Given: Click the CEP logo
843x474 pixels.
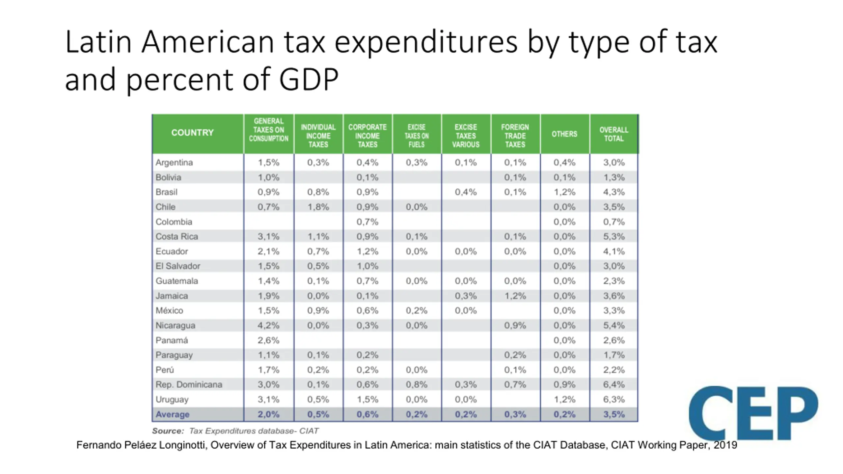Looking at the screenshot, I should click(x=753, y=413).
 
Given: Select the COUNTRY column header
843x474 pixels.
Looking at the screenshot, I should click(x=192, y=133).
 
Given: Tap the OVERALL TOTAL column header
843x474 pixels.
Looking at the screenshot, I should click(x=613, y=134).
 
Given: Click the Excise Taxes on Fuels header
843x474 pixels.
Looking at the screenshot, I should click(x=417, y=136).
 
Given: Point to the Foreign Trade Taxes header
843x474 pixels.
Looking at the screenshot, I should click(x=515, y=136).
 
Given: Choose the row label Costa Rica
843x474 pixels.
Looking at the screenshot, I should click(x=177, y=236).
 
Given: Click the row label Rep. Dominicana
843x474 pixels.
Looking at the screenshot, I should click(x=189, y=384).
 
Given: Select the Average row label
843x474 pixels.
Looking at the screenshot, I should click(x=172, y=414).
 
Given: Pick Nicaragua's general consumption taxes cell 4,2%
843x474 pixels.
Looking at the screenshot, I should click(x=268, y=325).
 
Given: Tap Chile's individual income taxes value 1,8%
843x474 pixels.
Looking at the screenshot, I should click(x=318, y=207).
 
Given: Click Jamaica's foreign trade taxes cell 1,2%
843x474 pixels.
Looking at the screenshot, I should click(x=515, y=296).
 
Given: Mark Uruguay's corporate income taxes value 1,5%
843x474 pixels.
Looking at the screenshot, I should click(x=367, y=399).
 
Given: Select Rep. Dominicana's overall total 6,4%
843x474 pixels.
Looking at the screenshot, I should click(x=614, y=384).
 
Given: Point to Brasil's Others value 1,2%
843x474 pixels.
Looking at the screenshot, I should click(x=564, y=192).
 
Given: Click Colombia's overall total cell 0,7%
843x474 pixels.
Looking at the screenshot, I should click(x=614, y=222).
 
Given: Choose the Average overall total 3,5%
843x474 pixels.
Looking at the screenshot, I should click(x=614, y=414).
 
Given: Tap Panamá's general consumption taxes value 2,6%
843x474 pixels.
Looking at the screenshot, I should click(x=268, y=340).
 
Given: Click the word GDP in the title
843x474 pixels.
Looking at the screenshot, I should click(x=309, y=79).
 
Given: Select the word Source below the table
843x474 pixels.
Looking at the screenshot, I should click(x=168, y=431).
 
